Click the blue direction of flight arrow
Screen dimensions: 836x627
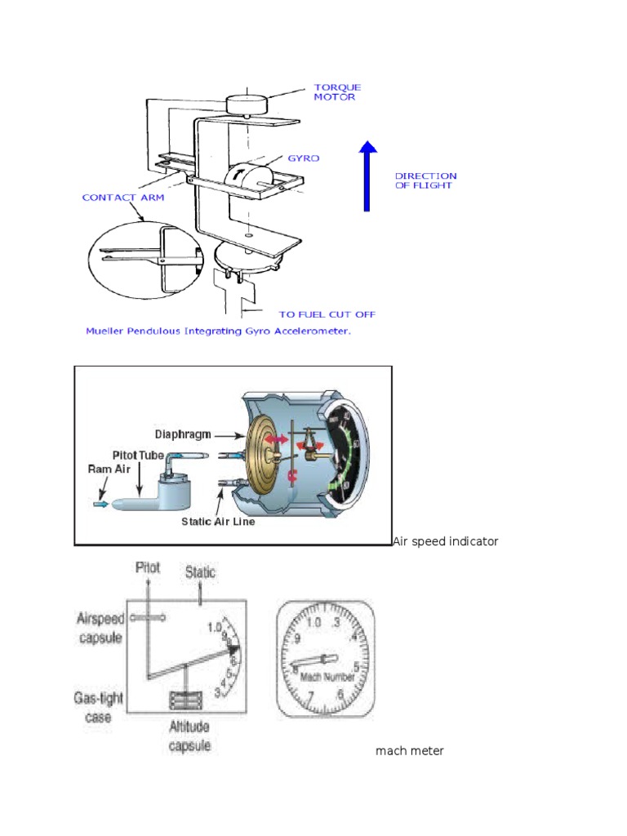[x=368, y=176]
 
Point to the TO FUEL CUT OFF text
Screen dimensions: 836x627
[x=327, y=313]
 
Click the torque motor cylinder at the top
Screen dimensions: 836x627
[x=247, y=104]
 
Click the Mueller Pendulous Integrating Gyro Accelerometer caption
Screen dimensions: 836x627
[x=217, y=331]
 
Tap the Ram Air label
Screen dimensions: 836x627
[x=109, y=469]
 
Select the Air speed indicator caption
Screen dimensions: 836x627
[x=445, y=541]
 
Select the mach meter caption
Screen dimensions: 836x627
[x=409, y=750]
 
